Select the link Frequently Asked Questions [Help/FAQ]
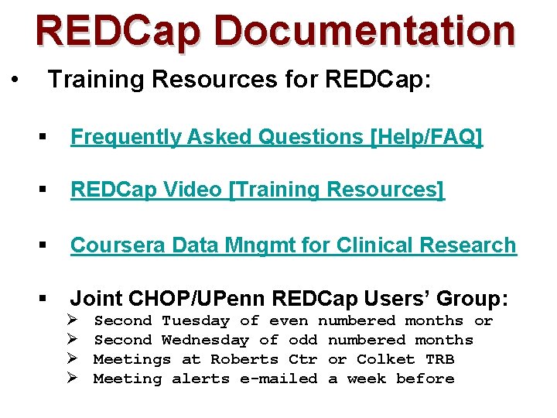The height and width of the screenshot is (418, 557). pos(276,138)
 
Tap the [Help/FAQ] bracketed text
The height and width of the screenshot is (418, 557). pos(427,138)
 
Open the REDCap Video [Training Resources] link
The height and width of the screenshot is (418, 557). pos(258,190)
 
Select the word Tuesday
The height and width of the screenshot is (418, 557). pos(196,320)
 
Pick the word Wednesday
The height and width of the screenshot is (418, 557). pos(205,340)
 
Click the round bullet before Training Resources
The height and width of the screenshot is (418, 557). pos(15,80)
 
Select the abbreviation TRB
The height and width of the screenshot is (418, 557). pos(439,359)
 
